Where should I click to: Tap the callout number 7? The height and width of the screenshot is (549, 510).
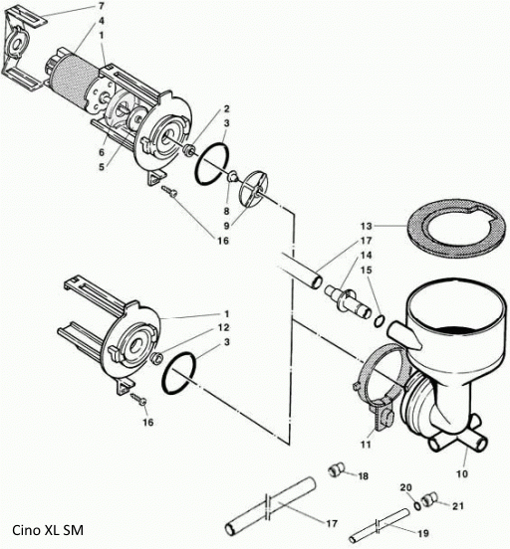[x=100, y=7]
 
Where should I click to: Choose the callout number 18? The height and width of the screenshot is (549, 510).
[x=363, y=477]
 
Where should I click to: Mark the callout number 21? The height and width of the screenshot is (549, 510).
[x=459, y=506]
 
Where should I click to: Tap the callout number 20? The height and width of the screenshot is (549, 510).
[x=404, y=485]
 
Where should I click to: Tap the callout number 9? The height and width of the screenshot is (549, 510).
[x=228, y=225]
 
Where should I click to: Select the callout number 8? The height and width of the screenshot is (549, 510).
[x=226, y=211]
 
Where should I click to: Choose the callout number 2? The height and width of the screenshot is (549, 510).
[x=226, y=108]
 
